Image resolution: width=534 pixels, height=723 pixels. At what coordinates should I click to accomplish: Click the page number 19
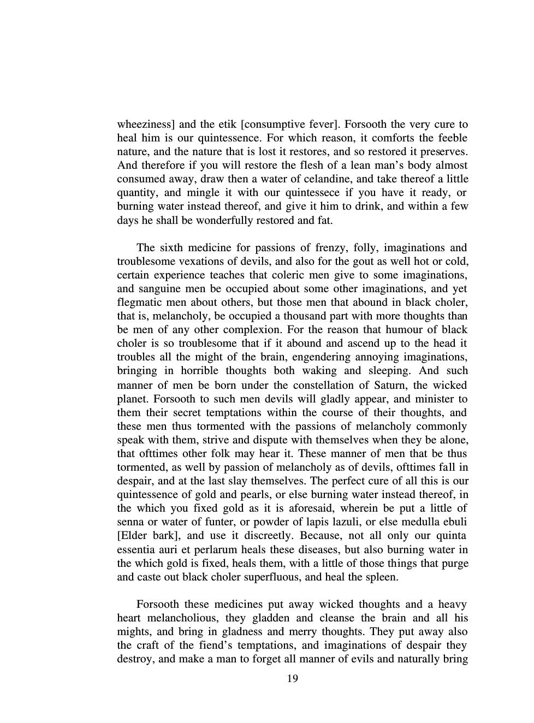pos(292,679)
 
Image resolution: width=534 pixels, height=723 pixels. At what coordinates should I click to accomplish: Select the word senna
pos(130,522)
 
